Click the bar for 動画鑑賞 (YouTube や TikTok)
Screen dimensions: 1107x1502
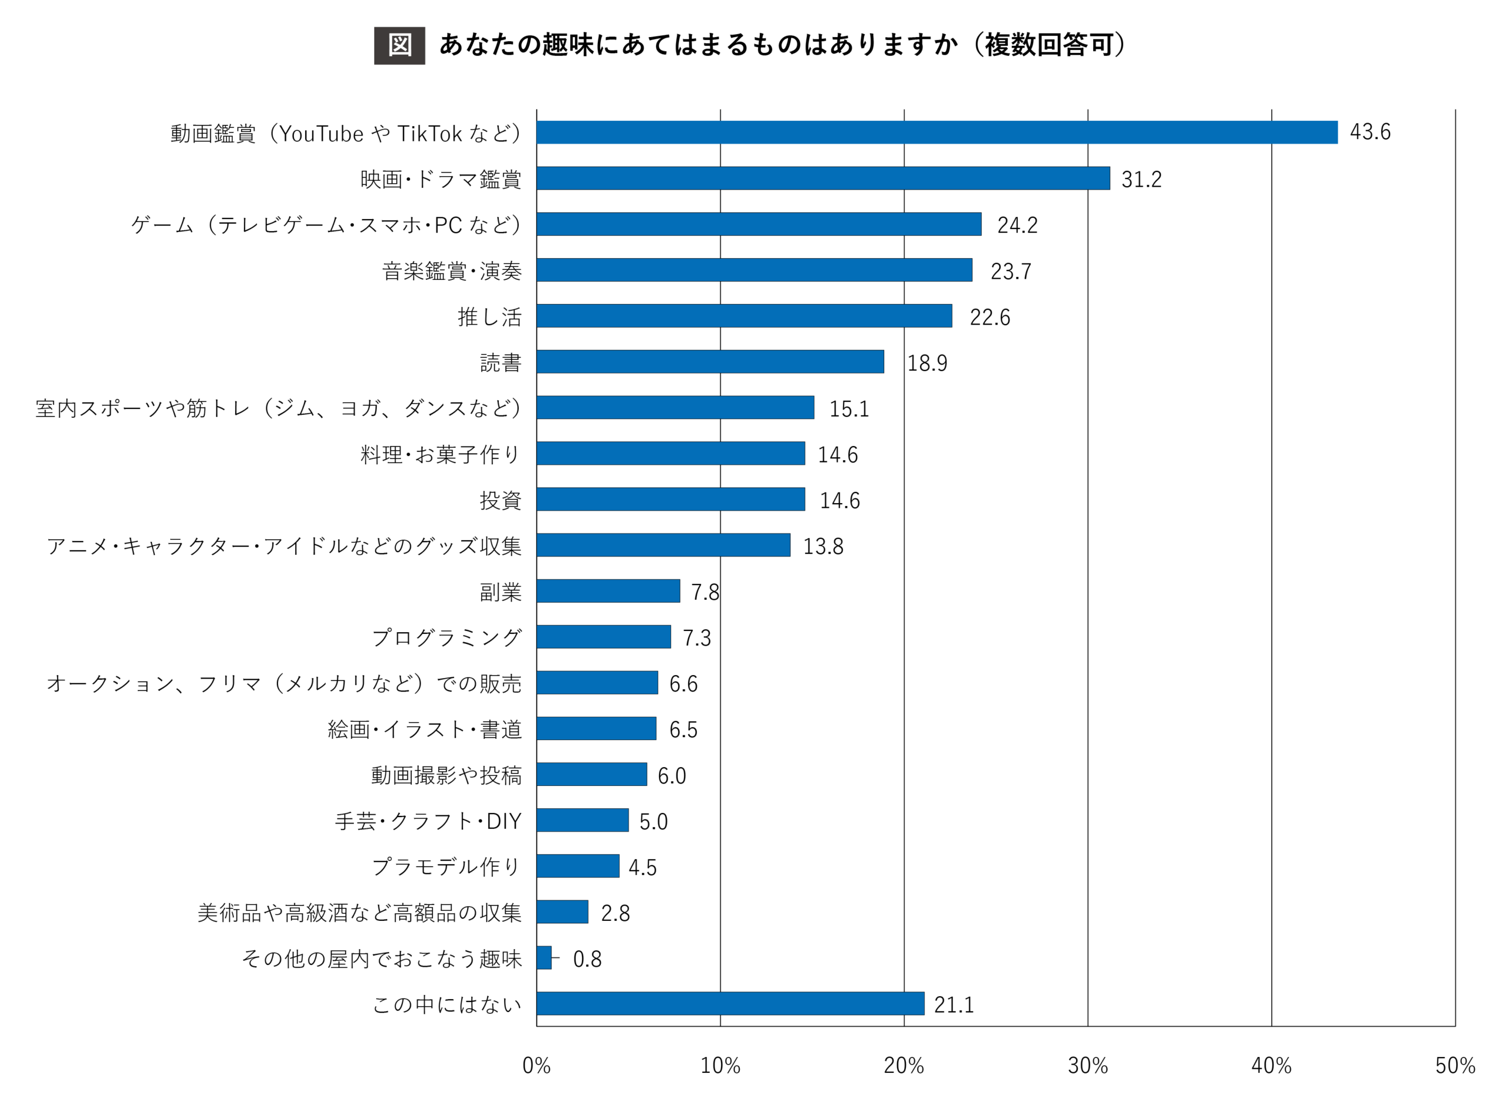pyautogui.click(x=936, y=132)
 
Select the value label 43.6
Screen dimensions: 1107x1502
pyautogui.click(x=1369, y=132)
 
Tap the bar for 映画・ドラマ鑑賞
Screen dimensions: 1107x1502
pyautogui.click(x=823, y=178)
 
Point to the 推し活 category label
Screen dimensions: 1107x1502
pyautogui.click(x=489, y=317)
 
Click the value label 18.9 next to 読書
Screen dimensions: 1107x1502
pyautogui.click(x=927, y=363)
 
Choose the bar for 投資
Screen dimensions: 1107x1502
pyautogui.click(x=670, y=500)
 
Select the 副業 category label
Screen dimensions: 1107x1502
pyautogui.click(x=500, y=592)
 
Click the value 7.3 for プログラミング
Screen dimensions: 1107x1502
pyautogui.click(x=696, y=637)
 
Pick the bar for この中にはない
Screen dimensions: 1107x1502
pyautogui.click(x=730, y=1003)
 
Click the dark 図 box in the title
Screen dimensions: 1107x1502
pyautogui.click(x=399, y=46)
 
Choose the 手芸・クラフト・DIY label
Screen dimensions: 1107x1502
pyautogui.click(x=428, y=821)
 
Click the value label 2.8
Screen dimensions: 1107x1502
pyautogui.click(x=615, y=913)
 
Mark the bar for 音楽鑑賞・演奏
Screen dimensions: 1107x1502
pyautogui.click(x=754, y=270)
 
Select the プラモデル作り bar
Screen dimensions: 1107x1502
pyautogui.click(x=577, y=866)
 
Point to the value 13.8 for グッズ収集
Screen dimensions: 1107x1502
pyautogui.click(x=823, y=546)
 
